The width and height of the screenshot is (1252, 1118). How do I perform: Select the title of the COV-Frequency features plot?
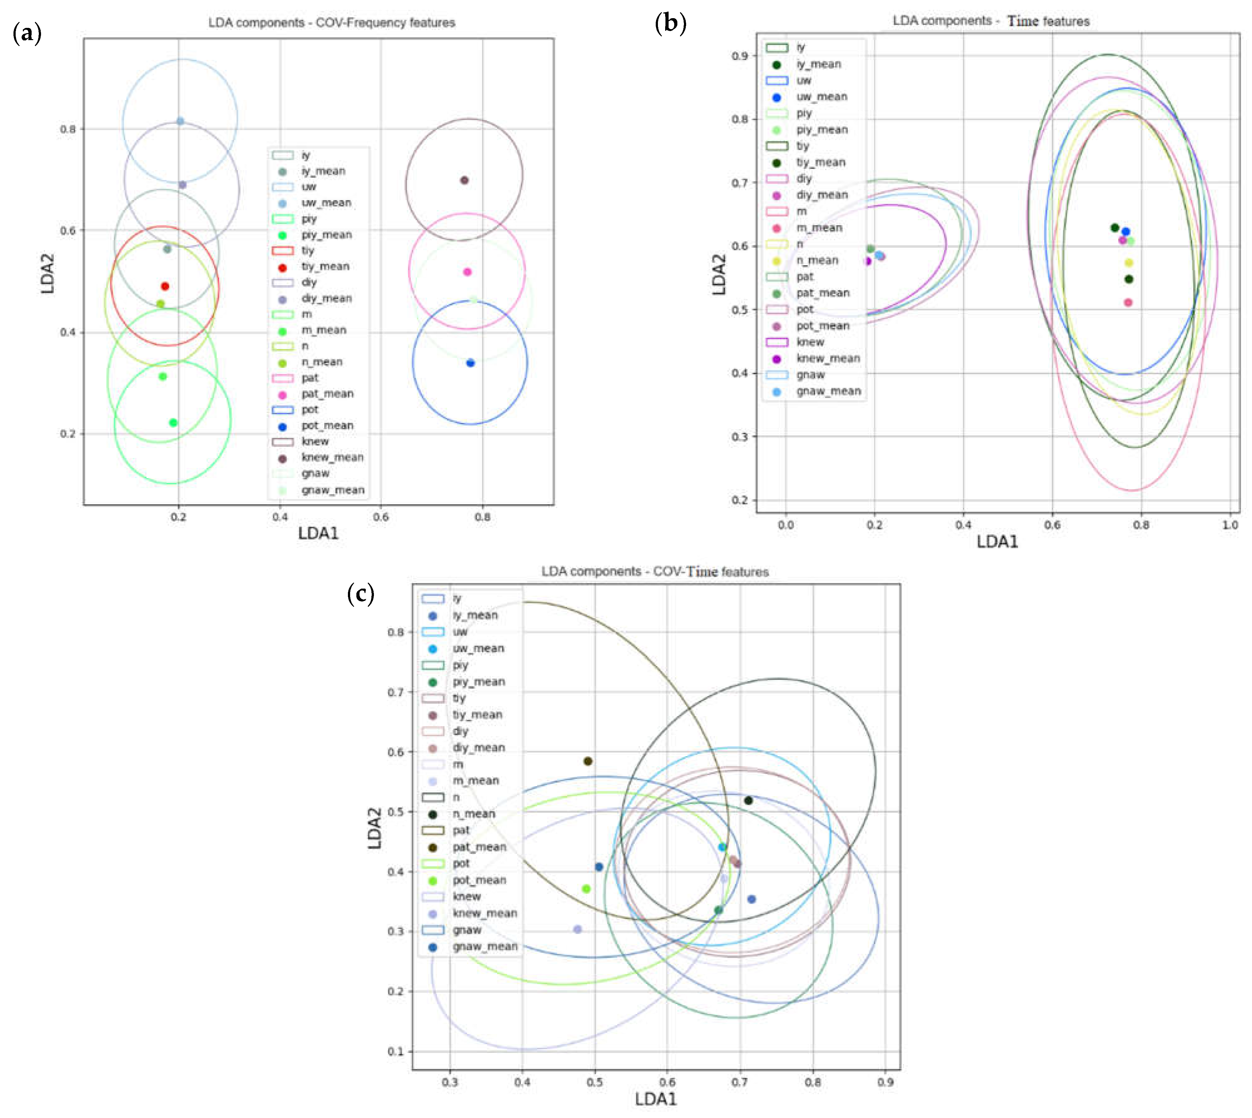click(x=332, y=23)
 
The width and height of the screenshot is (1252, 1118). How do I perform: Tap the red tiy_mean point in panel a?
click(x=164, y=286)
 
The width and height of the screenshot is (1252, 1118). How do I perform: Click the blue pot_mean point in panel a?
click(x=470, y=363)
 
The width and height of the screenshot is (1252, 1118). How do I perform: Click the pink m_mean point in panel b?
click(x=1128, y=302)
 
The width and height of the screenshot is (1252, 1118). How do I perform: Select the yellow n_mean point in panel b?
click(x=1129, y=263)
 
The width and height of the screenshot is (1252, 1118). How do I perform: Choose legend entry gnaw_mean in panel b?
click(x=828, y=391)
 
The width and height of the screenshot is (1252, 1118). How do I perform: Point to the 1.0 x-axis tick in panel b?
click(x=1230, y=525)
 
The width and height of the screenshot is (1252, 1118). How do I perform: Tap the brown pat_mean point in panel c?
click(x=587, y=761)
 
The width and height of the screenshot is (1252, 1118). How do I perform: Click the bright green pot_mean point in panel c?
click(x=586, y=889)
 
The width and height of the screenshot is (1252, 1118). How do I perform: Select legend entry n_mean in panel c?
click(x=473, y=814)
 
